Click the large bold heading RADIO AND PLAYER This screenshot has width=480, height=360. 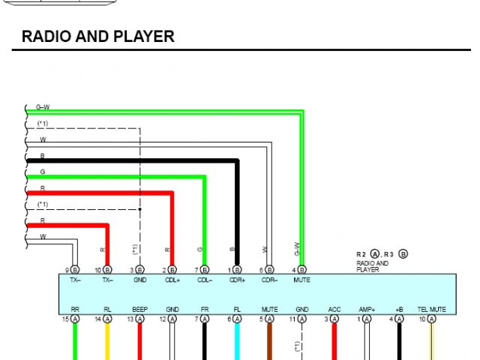98,36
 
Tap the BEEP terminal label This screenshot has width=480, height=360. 139,309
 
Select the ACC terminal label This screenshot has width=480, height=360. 334,309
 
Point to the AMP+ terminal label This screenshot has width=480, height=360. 366,309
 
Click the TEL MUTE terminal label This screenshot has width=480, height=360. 431,309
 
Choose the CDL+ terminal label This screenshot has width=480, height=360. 172,280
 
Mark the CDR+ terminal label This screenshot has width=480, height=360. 237,280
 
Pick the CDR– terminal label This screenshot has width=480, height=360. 269,280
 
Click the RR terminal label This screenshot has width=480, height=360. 75,309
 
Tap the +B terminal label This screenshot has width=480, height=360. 399,309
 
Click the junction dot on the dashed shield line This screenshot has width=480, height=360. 140,209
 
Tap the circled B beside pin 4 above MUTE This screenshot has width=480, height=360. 302,269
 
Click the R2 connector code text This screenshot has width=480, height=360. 361,254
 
